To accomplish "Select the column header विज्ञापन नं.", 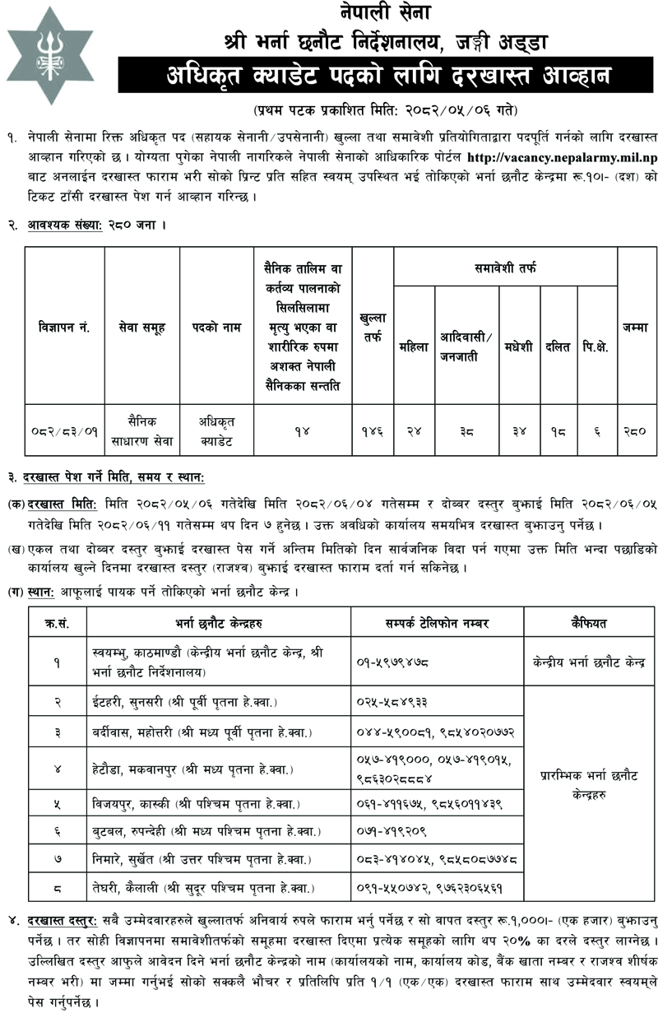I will (64, 327).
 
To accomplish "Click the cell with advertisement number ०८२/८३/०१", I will (64, 430).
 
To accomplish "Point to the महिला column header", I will (414, 347).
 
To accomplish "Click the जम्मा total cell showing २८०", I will (637, 430).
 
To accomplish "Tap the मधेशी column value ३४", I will (517, 430).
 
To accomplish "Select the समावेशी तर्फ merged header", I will (505, 267).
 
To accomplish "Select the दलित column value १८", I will (558, 430).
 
